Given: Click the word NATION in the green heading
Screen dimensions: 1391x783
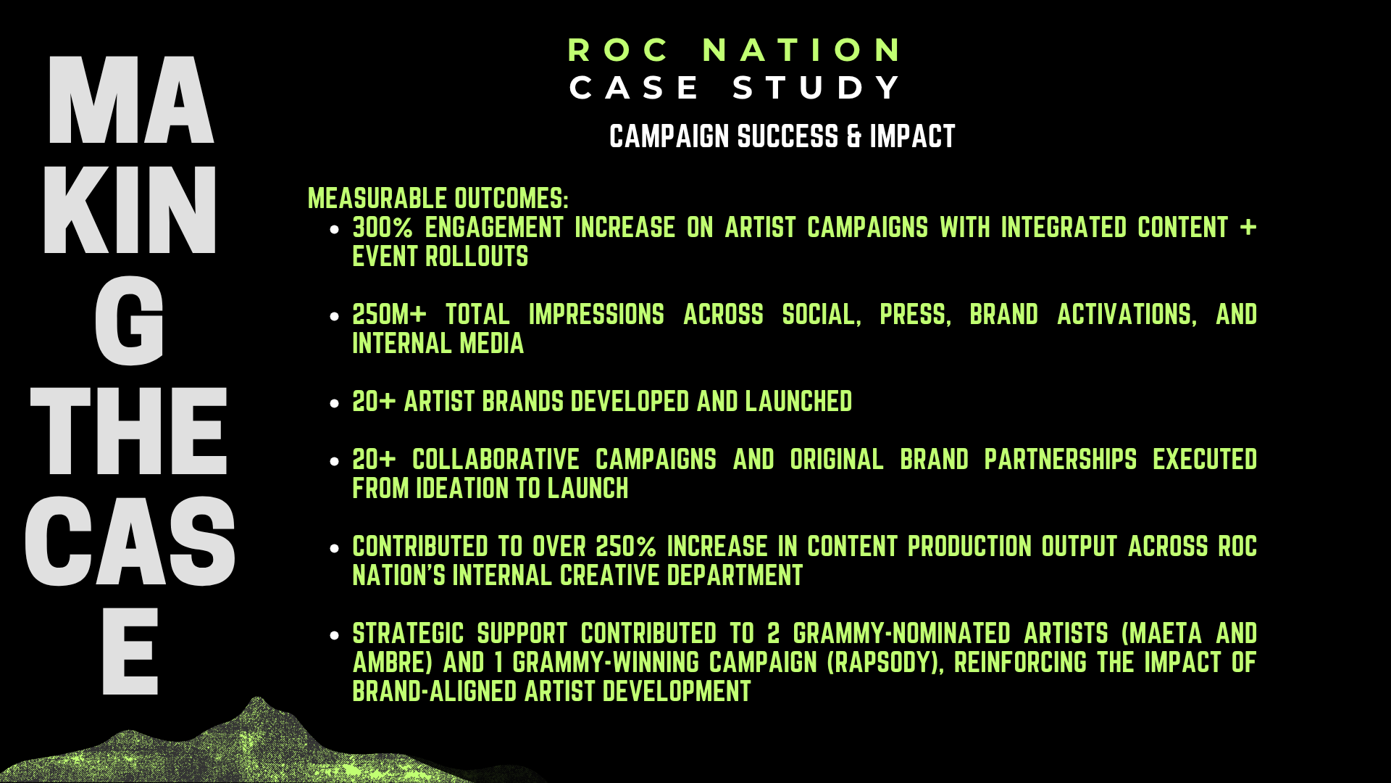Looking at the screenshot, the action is tap(803, 51).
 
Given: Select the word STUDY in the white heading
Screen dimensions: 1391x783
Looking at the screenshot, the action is tap(816, 88).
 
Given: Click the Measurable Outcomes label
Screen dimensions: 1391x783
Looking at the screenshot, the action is tap(438, 199).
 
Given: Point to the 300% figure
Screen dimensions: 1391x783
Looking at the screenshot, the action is tap(383, 228).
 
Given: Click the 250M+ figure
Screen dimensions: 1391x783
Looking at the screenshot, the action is tap(390, 315).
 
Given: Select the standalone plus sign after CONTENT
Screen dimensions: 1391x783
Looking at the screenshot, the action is tap(1248, 228).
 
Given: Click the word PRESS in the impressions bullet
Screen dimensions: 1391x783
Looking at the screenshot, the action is tap(915, 315).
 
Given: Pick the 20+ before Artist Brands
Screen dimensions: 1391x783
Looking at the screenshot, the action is tap(374, 402).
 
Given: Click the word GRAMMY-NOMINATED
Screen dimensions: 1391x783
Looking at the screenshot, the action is tap(901, 634).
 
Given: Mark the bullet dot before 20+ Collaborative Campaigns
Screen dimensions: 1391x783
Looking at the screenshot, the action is tap(334, 461).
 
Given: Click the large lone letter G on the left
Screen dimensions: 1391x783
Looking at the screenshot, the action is tap(130, 322).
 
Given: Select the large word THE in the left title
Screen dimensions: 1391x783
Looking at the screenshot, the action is tap(129, 431).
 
